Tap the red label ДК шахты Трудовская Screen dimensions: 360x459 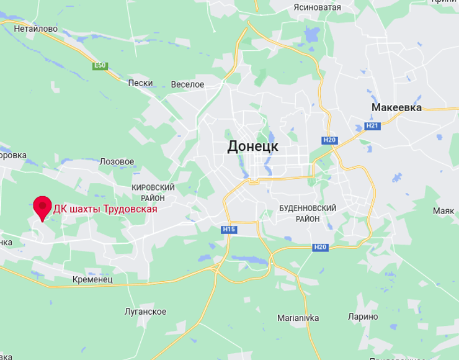[105, 209]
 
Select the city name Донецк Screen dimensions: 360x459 [252, 146]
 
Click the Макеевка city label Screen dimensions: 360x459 [396, 107]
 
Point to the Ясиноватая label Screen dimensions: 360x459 [318, 7]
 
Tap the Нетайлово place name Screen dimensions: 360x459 [35, 29]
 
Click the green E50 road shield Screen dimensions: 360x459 [99, 65]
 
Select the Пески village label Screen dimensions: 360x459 [140, 83]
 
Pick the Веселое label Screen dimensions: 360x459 [187, 84]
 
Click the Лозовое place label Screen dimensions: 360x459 [117, 161]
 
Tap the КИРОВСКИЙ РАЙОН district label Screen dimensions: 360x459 [153, 192]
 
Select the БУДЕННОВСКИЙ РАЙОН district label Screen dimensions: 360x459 [308, 214]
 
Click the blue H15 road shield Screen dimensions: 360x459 [229, 230]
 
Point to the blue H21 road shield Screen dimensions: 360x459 [372, 126]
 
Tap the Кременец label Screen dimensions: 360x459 [92, 280]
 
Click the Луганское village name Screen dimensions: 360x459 [145, 312]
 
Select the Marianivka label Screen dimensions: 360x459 [298, 318]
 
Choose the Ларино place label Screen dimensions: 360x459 [363, 317]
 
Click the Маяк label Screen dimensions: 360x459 [443, 211]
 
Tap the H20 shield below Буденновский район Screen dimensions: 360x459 [320, 247]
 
